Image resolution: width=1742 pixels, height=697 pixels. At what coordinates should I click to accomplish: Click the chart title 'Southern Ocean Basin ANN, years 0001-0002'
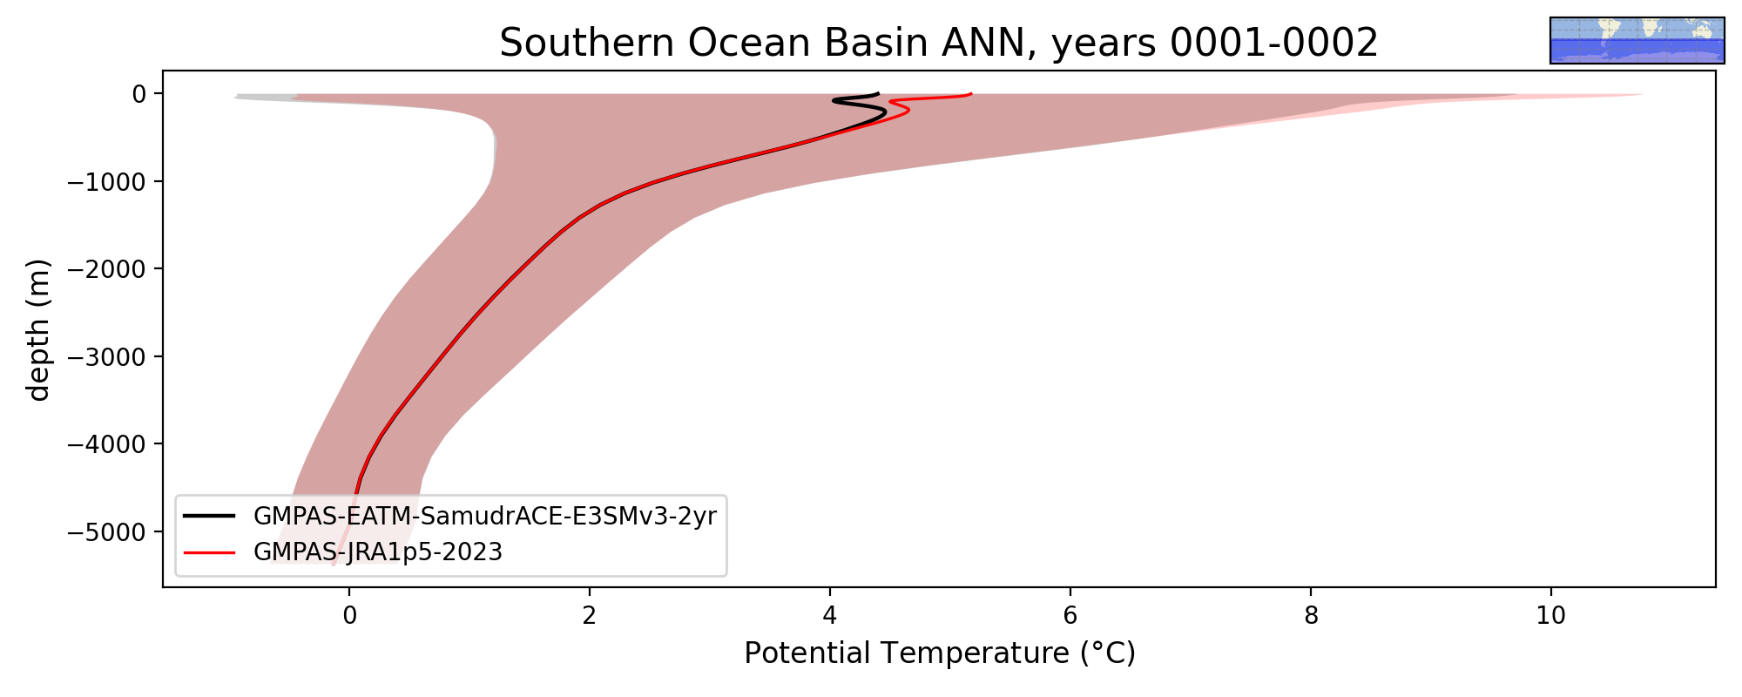point(939,43)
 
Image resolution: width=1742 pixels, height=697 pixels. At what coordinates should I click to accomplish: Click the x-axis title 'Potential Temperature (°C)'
point(940,653)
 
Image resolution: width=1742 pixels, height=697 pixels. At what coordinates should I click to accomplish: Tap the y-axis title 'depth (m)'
point(39,329)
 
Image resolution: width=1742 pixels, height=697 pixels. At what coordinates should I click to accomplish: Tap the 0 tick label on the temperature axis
point(349,616)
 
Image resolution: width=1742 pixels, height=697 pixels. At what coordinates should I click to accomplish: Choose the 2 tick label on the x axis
point(590,616)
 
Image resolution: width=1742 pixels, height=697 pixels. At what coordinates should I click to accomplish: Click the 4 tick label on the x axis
point(830,616)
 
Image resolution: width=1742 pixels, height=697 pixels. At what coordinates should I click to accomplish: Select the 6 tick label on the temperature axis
point(1070,616)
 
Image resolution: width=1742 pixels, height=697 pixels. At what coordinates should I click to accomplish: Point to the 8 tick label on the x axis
point(1311,616)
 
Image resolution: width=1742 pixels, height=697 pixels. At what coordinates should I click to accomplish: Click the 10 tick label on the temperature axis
point(1551,616)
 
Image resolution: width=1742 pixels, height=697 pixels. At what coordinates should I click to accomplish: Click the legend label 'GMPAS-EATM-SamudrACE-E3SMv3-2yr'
point(485,517)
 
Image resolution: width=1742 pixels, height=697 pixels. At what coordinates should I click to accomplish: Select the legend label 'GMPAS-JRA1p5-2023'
point(378,552)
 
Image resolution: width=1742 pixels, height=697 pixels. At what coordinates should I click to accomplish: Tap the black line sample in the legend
point(210,516)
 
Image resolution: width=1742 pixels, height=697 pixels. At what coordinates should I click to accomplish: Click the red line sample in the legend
point(210,552)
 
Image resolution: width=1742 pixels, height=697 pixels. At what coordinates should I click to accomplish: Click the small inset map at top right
point(1637,40)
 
